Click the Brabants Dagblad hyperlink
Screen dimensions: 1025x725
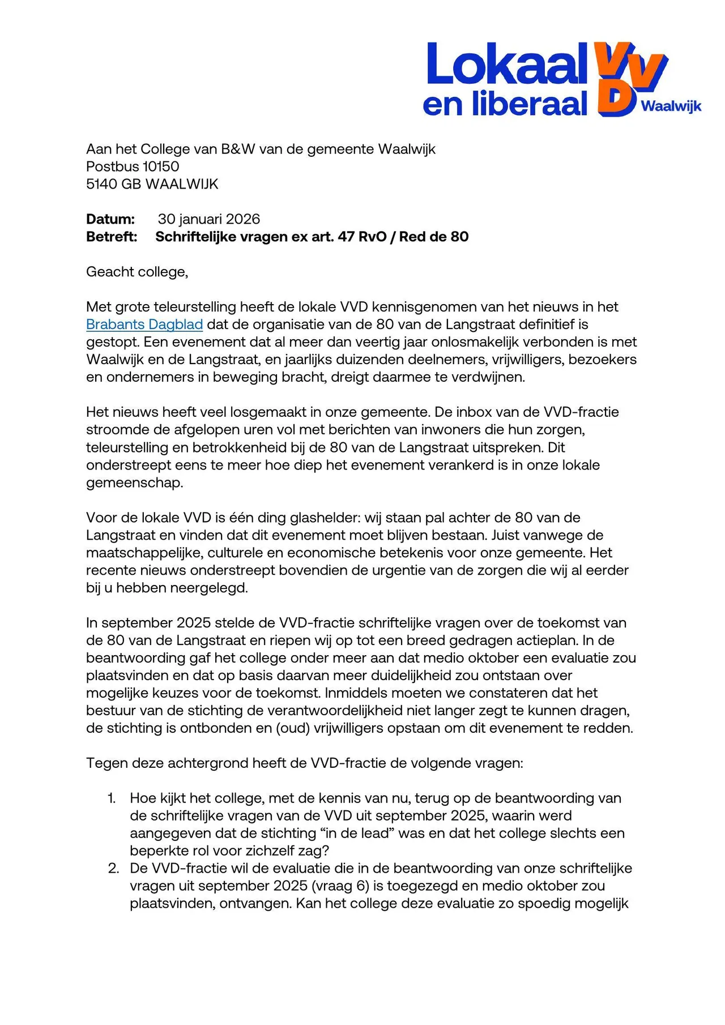[x=144, y=324]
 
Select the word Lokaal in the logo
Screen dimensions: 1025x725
[x=507, y=63]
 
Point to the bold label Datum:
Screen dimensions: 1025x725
[x=110, y=219]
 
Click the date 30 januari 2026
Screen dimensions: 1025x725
[x=209, y=219]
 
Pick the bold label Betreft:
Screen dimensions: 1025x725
[x=112, y=237]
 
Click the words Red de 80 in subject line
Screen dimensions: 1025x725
[x=434, y=237]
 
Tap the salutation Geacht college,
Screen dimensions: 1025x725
[x=137, y=272]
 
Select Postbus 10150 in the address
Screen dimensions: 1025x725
[x=133, y=166]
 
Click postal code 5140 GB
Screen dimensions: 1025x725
[x=113, y=184]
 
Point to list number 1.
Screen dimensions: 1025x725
[x=112, y=798]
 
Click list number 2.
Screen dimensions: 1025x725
[x=113, y=869]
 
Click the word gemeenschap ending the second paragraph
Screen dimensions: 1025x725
[x=134, y=483]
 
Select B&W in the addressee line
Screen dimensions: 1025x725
[x=241, y=149]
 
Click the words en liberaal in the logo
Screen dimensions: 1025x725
[x=505, y=104]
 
